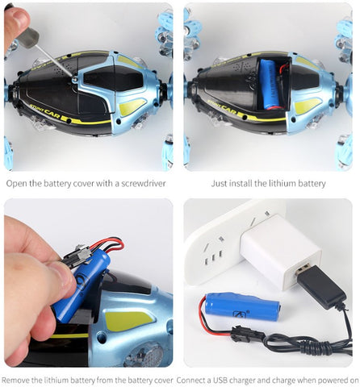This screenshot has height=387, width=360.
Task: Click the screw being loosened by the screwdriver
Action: coord(74,79)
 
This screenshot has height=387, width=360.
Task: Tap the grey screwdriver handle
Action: coord(28,37)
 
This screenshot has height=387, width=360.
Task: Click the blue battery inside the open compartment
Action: coord(270,85)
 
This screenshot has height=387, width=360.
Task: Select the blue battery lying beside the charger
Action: coord(242,307)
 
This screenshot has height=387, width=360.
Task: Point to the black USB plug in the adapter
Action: coord(320,286)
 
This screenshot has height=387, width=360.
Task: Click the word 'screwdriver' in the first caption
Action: coord(144,184)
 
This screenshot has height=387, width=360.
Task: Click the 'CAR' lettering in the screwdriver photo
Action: coord(52,114)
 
